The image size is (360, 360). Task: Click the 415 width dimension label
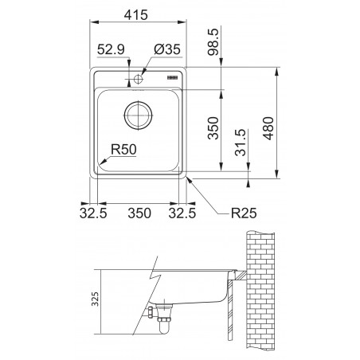click(x=135, y=15)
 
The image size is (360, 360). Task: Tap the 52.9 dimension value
click(x=111, y=49)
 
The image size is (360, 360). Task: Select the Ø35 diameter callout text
click(x=167, y=49)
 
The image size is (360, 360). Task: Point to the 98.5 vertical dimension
click(x=213, y=41)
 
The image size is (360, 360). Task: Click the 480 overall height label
click(x=268, y=128)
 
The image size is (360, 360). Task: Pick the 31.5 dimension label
click(x=241, y=143)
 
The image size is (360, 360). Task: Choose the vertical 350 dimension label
click(x=213, y=128)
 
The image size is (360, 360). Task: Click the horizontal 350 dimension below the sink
click(x=139, y=213)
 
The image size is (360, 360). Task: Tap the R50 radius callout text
click(x=123, y=149)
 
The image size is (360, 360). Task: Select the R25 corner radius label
click(x=244, y=213)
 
